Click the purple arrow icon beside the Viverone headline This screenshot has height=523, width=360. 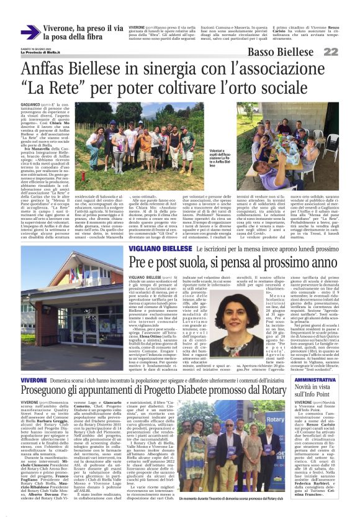[30, 32]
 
